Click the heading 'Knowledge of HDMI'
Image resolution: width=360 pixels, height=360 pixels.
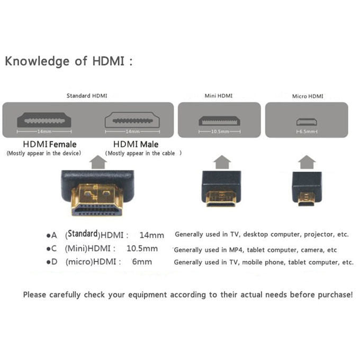pos(68,61)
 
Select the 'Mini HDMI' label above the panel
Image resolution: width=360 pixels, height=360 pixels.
pos(218,96)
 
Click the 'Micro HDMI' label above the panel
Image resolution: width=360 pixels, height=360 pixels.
pos(307,96)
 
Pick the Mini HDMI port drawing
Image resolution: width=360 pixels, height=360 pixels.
pos(219,121)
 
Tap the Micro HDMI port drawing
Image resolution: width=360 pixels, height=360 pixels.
pos(307,121)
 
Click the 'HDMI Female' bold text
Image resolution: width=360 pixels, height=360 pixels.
pos(50,144)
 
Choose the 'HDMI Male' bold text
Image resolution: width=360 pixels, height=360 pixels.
pos(136,144)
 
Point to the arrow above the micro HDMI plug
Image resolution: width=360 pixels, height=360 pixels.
pos(307,161)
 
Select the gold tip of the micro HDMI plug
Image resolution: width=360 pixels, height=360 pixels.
pos(307,200)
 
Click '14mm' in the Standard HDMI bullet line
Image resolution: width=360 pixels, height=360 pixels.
pos(151,235)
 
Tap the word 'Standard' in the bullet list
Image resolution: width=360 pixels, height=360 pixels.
pos(83,233)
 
